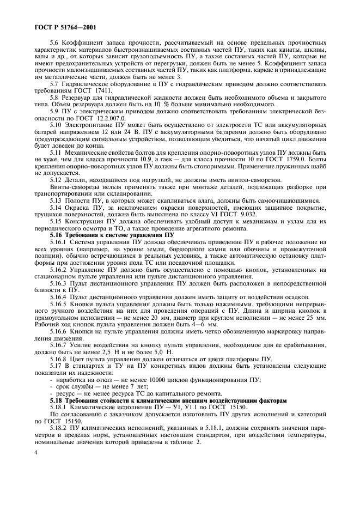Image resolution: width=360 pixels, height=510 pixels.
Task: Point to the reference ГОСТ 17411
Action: point(82,92)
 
